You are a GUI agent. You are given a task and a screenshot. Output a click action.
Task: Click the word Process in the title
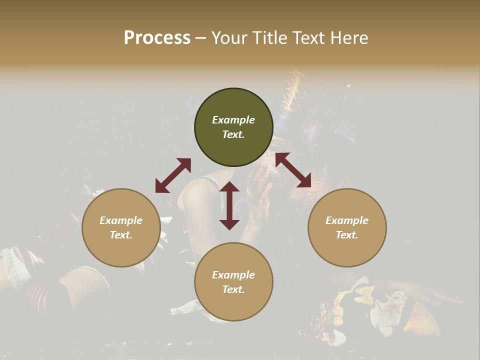click(157, 38)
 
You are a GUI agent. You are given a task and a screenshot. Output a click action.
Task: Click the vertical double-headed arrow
click(229, 205)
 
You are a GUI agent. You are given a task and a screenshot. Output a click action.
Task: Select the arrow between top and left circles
click(173, 175)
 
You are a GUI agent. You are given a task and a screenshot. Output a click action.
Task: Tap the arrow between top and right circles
click(293, 170)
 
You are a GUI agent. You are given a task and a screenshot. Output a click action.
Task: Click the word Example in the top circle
click(233, 120)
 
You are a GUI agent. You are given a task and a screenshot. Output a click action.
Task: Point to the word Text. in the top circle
click(233, 134)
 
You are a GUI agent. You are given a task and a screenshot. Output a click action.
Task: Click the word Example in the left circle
click(121, 220)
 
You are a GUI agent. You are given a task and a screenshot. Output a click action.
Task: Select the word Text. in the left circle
click(121, 235)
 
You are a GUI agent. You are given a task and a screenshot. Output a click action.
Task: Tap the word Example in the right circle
click(347, 220)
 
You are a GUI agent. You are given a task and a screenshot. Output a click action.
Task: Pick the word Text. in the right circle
click(347, 235)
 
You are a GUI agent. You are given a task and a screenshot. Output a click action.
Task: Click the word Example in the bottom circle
click(233, 275)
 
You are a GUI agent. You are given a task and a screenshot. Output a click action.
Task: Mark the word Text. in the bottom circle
click(233, 289)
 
